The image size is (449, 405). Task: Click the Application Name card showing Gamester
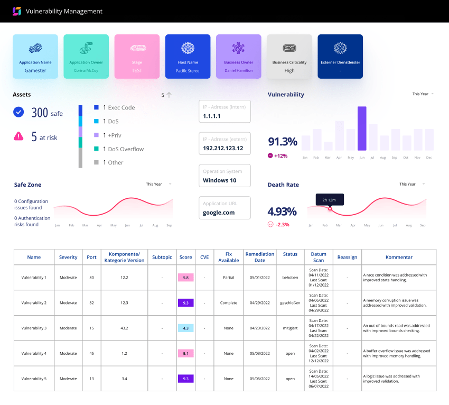[35, 57]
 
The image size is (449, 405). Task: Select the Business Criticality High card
[289, 57]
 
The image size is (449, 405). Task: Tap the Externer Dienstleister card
[340, 57]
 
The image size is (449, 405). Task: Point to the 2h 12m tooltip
[330, 199]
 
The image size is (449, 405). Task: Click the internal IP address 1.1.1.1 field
[224, 112]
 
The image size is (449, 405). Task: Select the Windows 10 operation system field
[224, 176]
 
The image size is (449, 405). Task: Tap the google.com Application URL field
[224, 208]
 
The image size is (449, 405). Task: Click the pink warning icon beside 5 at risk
[18, 136]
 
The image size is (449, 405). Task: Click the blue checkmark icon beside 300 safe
[18, 112]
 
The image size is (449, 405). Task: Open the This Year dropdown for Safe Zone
[158, 184]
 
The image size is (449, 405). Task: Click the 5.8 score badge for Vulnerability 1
[185, 278]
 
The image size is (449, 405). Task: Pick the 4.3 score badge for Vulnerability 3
[185, 328]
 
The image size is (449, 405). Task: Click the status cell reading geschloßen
[290, 303]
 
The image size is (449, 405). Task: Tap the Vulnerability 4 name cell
[34, 354]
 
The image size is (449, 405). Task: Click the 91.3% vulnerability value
[283, 141]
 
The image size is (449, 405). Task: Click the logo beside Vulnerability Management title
[17, 11]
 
